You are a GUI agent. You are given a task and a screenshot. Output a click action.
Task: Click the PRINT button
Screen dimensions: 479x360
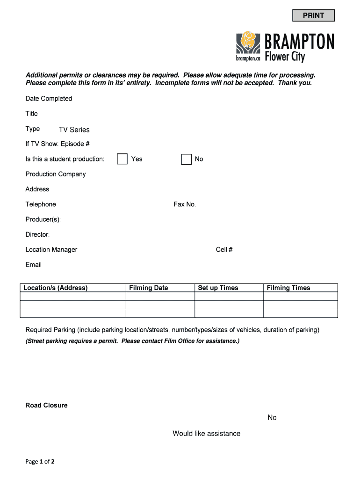point(313,15)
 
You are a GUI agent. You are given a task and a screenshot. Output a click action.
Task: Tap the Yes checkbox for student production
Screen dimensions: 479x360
point(122,159)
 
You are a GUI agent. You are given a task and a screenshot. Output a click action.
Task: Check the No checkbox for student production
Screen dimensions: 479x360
point(187,159)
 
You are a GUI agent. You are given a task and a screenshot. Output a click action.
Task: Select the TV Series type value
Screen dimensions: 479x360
point(74,130)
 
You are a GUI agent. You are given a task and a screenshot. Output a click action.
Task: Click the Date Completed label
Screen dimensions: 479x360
point(49,98)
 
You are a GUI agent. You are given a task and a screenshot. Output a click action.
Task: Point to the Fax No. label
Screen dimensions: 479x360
point(185,204)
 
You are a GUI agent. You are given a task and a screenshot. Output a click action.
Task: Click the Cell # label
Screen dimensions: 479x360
point(224,249)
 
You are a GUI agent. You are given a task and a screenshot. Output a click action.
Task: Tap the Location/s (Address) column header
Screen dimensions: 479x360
point(55,288)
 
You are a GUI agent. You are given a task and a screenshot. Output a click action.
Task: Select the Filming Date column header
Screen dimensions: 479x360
point(148,288)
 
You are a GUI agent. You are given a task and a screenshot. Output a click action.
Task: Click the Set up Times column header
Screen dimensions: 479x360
point(218,288)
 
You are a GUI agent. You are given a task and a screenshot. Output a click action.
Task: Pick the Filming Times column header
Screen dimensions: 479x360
point(288,288)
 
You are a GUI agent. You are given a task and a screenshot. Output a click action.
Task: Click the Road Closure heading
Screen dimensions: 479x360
point(46,405)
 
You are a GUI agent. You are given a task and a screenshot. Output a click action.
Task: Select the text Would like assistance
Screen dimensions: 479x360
point(206,434)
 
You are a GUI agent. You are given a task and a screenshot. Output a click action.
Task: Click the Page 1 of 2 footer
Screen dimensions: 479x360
point(40,462)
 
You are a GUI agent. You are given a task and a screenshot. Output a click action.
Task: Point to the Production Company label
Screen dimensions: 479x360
point(56,174)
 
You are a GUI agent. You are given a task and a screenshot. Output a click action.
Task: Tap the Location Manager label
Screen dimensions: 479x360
point(51,249)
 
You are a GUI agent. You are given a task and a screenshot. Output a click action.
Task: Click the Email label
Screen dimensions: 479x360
point(34,265)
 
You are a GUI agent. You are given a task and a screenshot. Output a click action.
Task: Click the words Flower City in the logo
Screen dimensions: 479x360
point(285,57)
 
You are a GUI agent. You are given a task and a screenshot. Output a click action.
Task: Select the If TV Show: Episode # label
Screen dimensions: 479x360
point(58,144)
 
